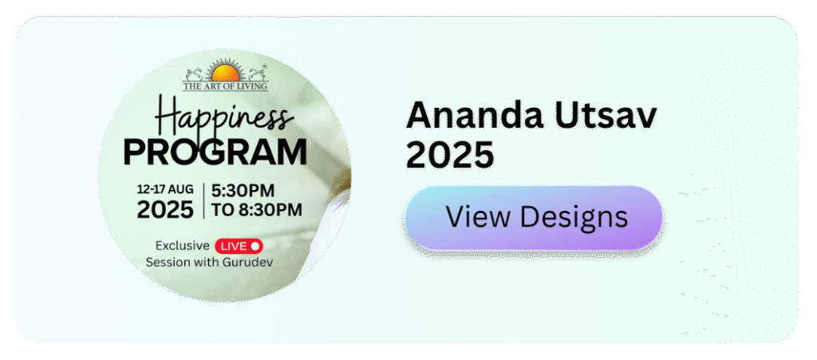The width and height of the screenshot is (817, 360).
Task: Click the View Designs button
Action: tap(533, 217)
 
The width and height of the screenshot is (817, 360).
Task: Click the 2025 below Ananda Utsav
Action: tap(450, 155)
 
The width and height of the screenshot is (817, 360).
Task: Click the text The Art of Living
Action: tap(225, 86)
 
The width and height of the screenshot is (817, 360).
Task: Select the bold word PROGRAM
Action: tap(215, 152)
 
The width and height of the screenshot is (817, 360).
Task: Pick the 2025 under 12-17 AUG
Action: tap(164, 208)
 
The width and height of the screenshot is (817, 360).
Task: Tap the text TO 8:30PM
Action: tap(256, 209)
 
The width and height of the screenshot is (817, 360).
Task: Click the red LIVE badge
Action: tap(239, 245)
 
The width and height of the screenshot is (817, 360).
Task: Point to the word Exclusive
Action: tap(183, 245)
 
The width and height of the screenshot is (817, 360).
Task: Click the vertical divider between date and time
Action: tap(203, 200)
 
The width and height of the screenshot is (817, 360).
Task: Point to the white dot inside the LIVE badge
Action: tap(255, 245)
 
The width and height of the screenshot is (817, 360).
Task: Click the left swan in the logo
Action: tap(195, 74)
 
